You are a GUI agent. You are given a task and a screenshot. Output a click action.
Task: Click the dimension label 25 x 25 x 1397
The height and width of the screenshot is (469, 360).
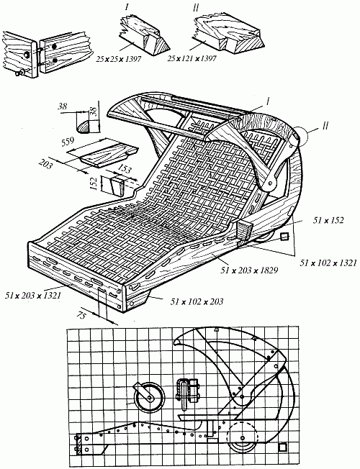[119, 59]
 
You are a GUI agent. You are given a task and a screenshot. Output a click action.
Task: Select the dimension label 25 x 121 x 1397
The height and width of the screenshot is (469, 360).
[192, 59]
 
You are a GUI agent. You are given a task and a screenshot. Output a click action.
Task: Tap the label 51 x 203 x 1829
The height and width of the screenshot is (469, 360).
[249, 270]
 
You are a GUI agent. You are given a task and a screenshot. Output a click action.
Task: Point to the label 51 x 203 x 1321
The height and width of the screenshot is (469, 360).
[33, 296]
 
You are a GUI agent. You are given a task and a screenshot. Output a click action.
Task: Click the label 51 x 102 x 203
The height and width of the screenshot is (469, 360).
[197, 301]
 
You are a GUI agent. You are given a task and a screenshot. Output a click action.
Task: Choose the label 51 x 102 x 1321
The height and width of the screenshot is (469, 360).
[328, 263]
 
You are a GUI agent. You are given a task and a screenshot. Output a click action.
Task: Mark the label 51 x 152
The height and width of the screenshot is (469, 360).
[328, 220]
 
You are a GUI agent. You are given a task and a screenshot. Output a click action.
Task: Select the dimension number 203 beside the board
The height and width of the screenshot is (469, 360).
[46, 163]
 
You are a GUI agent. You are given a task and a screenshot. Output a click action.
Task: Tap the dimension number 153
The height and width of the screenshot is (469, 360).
[125, 169]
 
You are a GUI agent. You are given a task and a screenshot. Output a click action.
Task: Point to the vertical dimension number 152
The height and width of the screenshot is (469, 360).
[94, 183]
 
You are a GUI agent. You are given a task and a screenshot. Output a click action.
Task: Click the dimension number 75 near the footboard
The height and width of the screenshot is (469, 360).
[81, 315]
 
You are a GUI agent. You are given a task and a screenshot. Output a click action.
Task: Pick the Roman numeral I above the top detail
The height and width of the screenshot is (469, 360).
[127, 7]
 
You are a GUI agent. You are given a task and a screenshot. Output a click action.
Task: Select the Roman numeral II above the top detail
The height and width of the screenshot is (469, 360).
[196, 8]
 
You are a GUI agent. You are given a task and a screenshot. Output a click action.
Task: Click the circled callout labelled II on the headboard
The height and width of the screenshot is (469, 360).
[300, 135]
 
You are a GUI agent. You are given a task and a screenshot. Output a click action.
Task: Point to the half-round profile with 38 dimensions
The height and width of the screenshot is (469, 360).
[84, 127]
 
